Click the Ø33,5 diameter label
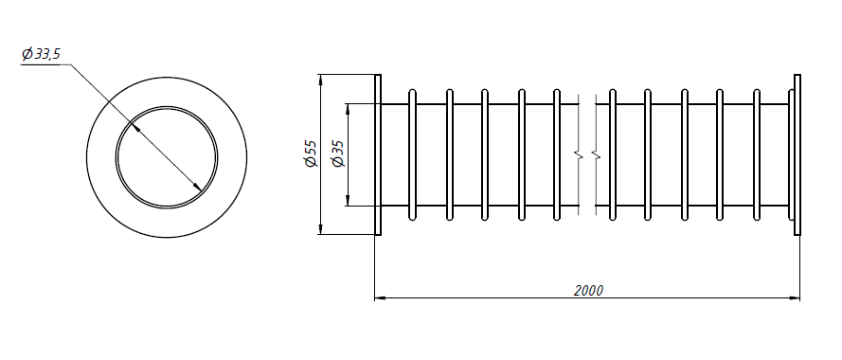[41, 54]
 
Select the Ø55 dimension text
[311, 153]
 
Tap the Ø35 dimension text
[338, 154]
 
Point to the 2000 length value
[588, 291]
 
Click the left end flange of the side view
[378, 154]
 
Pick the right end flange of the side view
[797, 154]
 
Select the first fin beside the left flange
[412, 154]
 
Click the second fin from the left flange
[450, 154]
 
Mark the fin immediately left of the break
[557, 154]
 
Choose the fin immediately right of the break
[613, 154]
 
